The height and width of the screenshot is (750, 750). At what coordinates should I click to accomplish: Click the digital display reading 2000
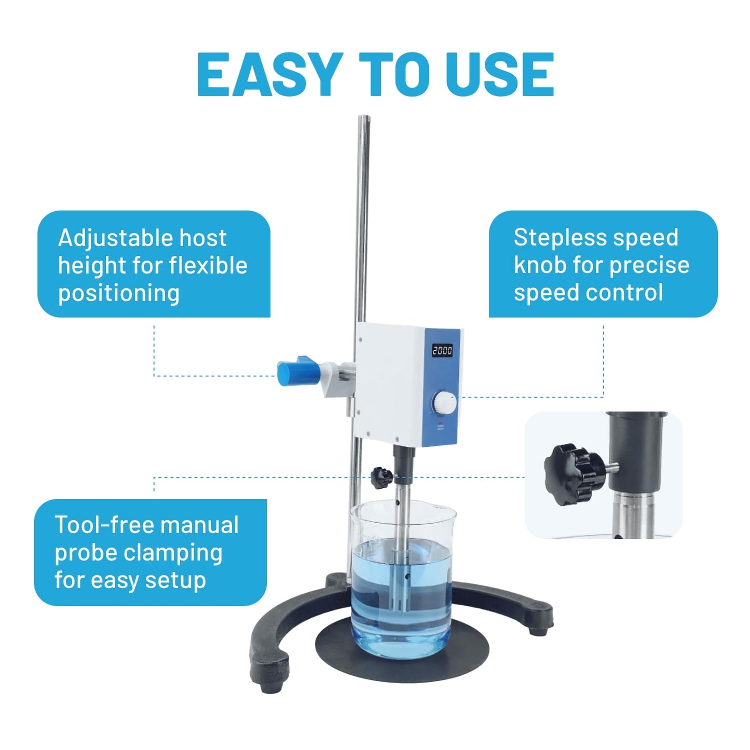443,350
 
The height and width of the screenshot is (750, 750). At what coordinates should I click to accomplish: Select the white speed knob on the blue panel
445,403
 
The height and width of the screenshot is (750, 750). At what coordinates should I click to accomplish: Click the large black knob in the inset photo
575,475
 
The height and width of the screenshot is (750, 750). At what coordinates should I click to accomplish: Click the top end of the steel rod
363,116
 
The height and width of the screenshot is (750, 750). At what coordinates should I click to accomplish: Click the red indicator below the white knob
441,423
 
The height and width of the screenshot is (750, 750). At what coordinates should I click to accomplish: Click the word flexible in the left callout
208,265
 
